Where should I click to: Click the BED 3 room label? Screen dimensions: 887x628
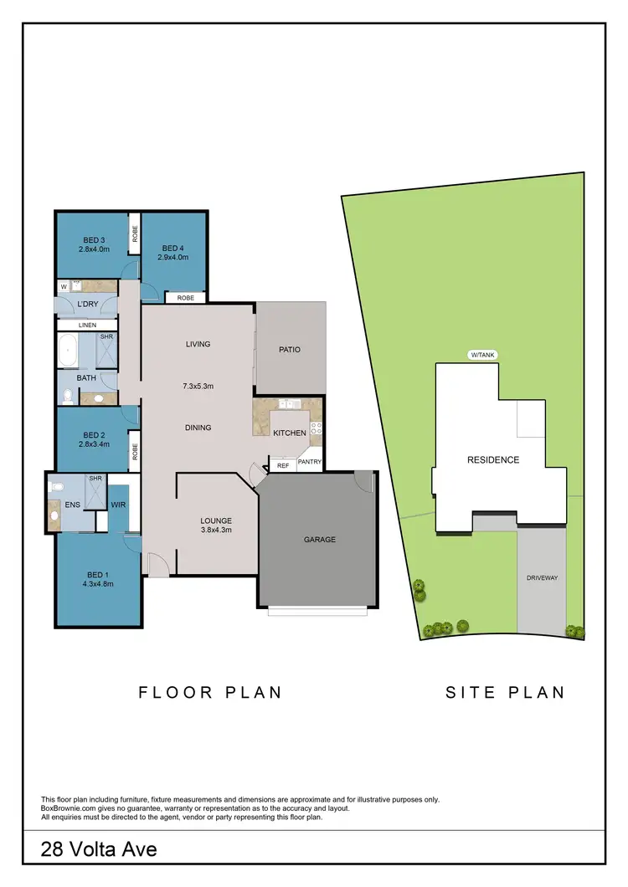pos(93,240)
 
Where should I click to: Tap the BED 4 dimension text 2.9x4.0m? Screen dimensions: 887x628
pos(172,257)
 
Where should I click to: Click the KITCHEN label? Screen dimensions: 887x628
pos(290,433)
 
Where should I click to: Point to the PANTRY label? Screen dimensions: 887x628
pos(309,462)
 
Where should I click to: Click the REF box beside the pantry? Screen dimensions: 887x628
pos(282,464)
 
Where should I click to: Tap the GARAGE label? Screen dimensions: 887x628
pos(319,540)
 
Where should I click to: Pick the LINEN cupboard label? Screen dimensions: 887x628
pos(88,325)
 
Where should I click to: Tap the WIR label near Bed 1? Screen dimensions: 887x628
pos(117,505)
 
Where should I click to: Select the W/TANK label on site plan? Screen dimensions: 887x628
pos(483,356)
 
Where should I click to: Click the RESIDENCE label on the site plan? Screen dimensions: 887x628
pos(493,459)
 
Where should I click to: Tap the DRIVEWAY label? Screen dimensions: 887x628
pos(542,578)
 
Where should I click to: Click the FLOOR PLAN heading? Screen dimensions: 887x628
pos(209,692)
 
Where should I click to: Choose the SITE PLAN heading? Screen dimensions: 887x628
pos(505,692)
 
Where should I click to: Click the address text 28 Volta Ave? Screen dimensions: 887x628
pos(99,850)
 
